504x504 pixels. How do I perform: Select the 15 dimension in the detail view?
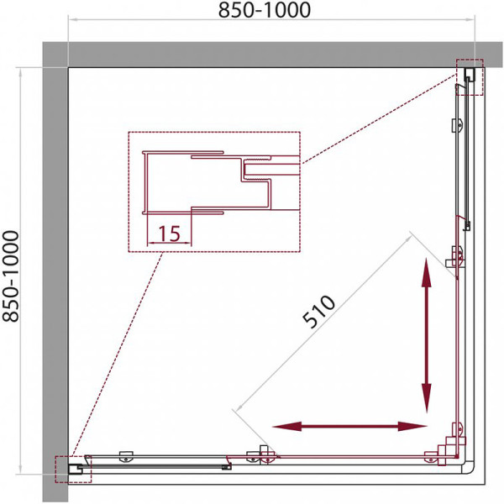click(169, 233)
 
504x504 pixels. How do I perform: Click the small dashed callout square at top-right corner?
click(470, 77)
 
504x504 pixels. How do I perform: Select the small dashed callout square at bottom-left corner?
click(71, 469)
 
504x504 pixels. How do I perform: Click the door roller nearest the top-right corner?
click(459, 125)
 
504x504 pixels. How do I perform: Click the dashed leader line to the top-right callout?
click(378, 118)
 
